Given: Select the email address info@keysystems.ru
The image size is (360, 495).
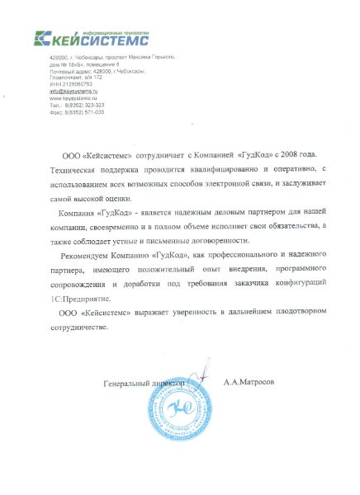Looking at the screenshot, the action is coord(73,91).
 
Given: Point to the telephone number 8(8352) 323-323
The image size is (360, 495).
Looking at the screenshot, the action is coord(85,106).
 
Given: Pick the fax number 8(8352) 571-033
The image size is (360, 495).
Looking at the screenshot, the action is coord(85,112).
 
